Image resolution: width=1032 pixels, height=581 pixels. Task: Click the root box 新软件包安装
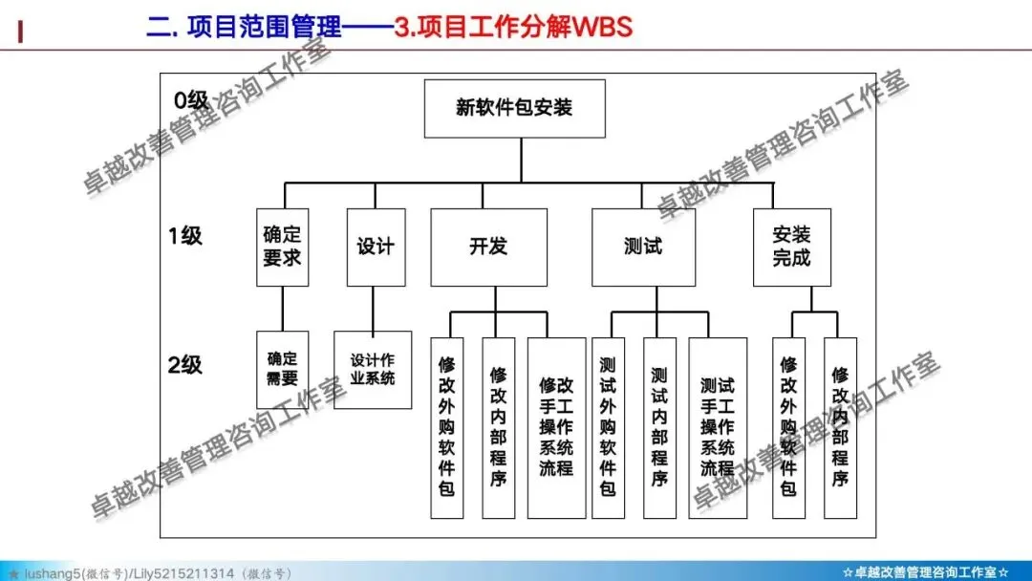(514, 108)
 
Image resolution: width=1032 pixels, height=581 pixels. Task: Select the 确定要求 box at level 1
(282, 247)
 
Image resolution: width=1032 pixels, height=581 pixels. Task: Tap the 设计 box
(376, 247)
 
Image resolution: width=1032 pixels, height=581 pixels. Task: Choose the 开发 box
(488, 247)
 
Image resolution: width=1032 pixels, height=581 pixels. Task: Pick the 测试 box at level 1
(643, 247)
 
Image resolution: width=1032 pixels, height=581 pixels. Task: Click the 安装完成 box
(791, 247)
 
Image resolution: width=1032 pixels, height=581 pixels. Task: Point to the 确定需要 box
(282, 369)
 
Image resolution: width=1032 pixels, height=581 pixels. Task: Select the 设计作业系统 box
(373, 369)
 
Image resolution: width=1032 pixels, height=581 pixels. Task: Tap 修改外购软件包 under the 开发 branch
(447, 427)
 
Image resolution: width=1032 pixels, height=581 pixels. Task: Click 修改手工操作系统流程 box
(556, 427)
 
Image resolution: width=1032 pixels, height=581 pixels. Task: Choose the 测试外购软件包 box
(608, 427)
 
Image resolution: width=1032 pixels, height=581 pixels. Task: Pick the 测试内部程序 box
(659, 427)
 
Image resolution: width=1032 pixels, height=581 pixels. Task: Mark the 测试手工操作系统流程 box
(718, 427)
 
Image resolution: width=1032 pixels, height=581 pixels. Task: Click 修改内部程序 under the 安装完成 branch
(840, 427)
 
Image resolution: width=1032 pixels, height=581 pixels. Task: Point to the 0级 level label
(190, 99)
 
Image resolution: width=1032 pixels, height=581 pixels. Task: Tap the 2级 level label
(185, 364)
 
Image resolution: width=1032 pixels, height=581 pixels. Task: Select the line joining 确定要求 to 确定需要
(282, 309)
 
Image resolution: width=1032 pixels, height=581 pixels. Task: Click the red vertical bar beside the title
(21, 31)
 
